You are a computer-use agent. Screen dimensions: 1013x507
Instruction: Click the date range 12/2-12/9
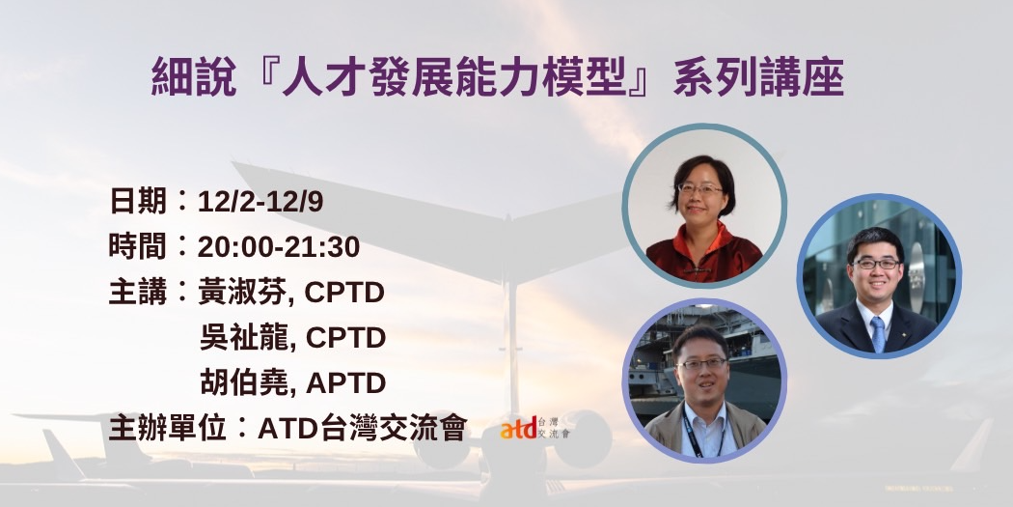click(260, 202)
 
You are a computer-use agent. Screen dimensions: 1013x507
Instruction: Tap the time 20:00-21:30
click(279, 247)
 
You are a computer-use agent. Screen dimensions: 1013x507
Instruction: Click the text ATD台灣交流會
click(362, 428)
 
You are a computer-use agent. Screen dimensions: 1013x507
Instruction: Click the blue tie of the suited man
click(878, 334)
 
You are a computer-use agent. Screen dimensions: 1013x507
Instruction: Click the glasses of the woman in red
click(699, 189)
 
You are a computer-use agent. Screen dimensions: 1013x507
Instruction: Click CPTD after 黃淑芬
click(344, 293)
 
